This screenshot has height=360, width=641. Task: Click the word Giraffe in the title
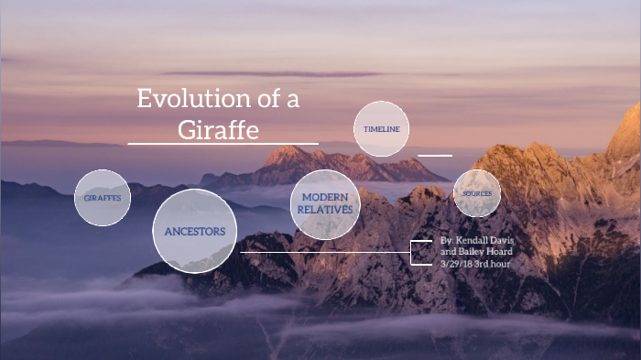tap(218, 129)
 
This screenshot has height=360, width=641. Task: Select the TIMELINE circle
tap(381, 129)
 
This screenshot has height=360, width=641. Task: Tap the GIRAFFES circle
tap(103, 198)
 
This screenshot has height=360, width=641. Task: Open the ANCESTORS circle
tap(194, 231)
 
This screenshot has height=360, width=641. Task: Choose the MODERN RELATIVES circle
tap(324, 203)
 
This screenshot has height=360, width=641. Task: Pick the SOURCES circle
tap(477, 193)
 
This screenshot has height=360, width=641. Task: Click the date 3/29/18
tap(456, 264)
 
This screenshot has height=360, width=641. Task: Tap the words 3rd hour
tap(493, 264)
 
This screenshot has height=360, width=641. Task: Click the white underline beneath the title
tap(223, 144)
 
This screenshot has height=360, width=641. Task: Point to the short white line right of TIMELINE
tap(435, 155)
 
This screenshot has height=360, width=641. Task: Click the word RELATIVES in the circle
tap(324, 210)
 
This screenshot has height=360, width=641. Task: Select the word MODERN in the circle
tap(324, 198)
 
